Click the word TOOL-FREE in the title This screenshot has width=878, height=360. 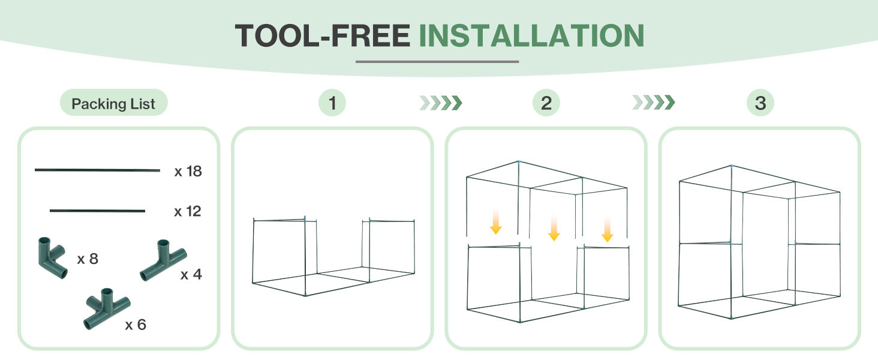pos(323,35)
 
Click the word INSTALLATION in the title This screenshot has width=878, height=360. pos(531,35)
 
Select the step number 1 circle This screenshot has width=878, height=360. pos(332,103)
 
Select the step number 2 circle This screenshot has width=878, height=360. pos(546,103)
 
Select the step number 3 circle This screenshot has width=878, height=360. pos(760,103)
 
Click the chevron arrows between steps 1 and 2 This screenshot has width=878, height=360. pos(441,103)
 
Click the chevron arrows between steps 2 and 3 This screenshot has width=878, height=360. pos(654,103)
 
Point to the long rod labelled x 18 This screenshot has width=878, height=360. pos(97,170)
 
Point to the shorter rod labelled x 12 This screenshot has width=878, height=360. pos(97,211)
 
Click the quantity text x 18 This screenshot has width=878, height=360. pos(188,172)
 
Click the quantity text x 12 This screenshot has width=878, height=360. pos(188,211)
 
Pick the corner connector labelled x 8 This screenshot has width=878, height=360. pos(52,259)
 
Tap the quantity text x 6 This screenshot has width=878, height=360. pos(136,325)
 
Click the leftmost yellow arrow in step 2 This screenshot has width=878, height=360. pos(496,221)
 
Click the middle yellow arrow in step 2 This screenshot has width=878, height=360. pos(554,227)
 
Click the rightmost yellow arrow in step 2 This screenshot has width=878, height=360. pos(607,229)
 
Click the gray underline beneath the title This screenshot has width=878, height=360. pos(437,62)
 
